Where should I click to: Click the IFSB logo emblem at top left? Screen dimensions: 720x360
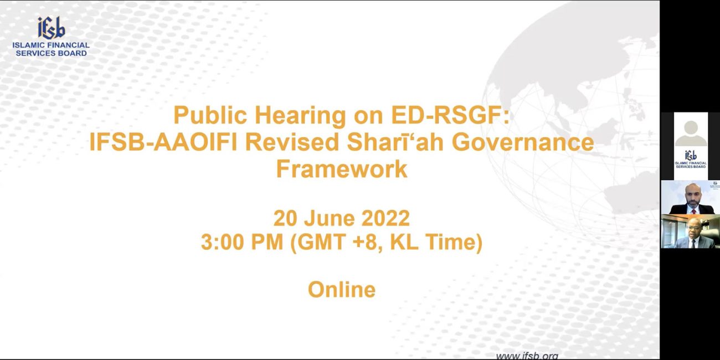coord(52,28)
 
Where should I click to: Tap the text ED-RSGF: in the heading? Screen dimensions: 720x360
coord(450,115)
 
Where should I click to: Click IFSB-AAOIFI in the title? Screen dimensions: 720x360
coord(163,142)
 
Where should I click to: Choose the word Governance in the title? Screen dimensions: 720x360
coord(523,142)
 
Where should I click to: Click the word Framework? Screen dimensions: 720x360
coord(342,169)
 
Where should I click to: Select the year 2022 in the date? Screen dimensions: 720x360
coord(385,219)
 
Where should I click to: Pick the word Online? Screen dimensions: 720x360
coord(342,290)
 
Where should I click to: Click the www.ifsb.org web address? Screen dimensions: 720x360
coord(527,356)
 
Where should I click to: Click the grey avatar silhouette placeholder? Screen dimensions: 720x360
coord(691,133)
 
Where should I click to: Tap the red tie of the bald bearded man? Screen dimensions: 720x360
coord(693,212)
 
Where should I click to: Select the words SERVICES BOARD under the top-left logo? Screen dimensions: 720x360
coord(51,53)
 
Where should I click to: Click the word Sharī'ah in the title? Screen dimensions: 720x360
coord(395,142)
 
